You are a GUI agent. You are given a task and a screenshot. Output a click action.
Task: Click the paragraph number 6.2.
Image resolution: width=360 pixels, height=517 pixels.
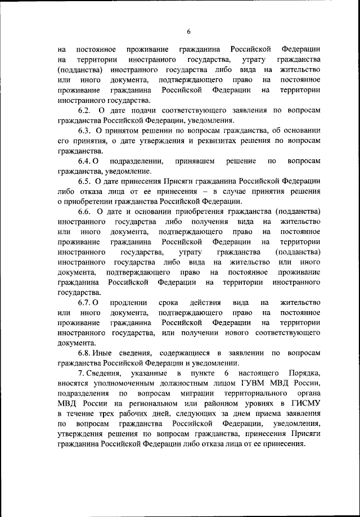click(x=85, y=111)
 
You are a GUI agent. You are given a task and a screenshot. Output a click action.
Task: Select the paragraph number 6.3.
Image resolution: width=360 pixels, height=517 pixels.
click(x=85, y=131)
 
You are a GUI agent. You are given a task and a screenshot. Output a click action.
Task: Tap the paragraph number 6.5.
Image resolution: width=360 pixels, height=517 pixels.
click(x=85, y=182)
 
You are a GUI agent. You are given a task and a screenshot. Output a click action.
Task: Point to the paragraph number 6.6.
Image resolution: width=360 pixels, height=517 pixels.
click(x=85, y=212)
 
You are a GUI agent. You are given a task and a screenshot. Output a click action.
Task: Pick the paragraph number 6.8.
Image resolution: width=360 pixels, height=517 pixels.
click(x=85, y=353)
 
